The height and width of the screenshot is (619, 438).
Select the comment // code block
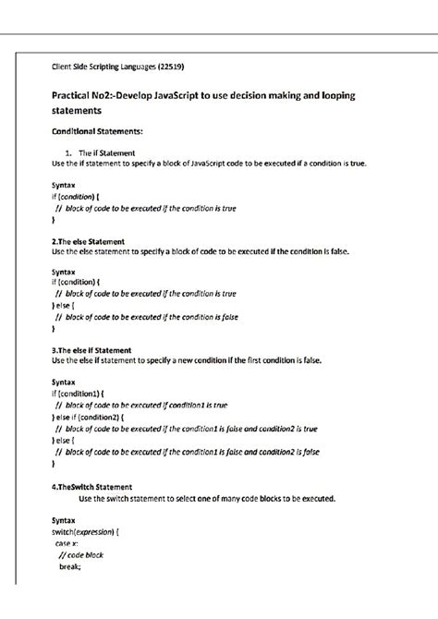80,555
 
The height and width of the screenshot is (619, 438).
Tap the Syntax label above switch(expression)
64,521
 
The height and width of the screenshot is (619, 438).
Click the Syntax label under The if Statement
64,185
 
